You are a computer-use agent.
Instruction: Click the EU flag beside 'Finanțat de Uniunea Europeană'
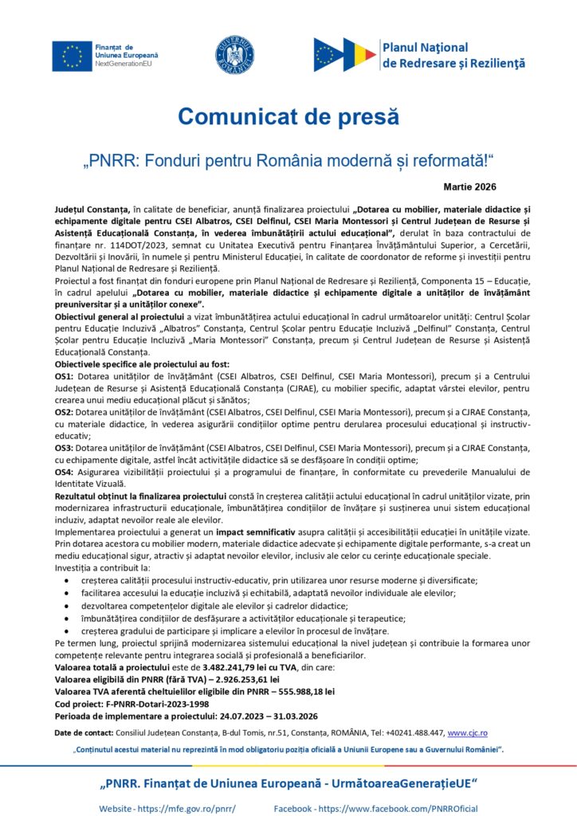click(x=72, y=54)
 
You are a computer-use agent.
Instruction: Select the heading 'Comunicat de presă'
click(x=288, y=116)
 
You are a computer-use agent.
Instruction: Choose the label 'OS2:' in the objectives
click(x=65, y=413)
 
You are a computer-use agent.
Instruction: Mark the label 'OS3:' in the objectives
click(x=65, y=448)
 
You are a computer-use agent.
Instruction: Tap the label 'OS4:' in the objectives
click(x=65, y=472)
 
